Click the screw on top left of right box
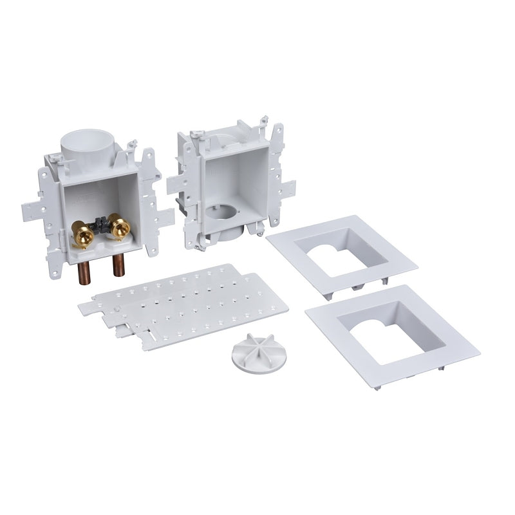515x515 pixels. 196,135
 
